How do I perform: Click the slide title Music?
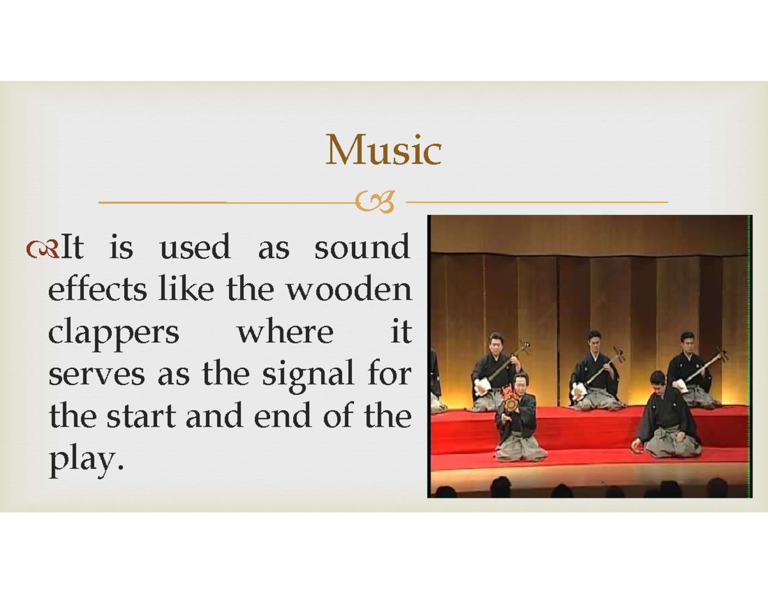[x=383, y=151]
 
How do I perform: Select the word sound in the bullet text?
[x=362, y=248]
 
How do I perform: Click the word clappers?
[x=114, y=333]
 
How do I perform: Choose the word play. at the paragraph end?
[x=84, y=461]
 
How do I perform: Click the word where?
[x=285, y=333]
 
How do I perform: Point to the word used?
[x=195, y=248]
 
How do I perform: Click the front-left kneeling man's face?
[x=520, y=383]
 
